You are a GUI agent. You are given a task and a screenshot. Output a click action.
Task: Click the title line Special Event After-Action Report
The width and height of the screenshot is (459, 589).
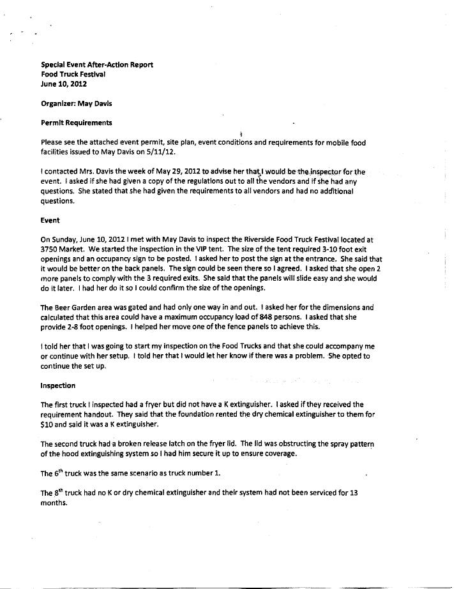click(x=97, y=64)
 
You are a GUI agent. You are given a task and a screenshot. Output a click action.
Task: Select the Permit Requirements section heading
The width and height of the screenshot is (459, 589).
click(x=76, y=122)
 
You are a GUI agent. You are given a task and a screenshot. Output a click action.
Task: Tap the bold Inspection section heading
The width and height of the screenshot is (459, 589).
click(x=57, y=385)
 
